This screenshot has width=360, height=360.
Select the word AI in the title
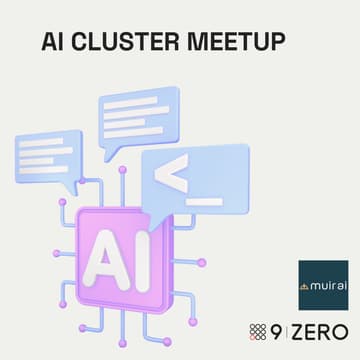pyautogui.click(x=54, y=41)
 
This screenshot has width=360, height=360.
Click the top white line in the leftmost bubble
pyautogui.click(x=45, y=141)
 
